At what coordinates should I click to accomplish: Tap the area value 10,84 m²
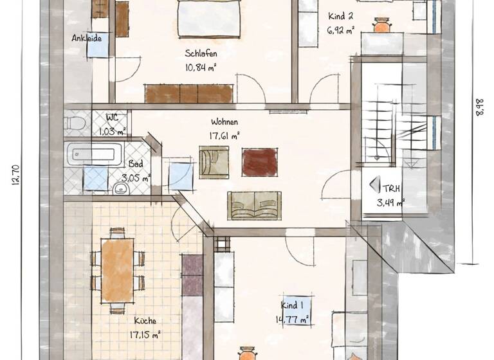click(x=199, y=67)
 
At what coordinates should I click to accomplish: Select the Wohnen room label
click(x=224, y=122)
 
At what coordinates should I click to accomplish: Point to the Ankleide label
click(x=86, y=38)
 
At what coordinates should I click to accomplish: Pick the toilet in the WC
click(x=75, y=122)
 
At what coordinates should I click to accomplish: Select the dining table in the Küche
click(x=118, y=270)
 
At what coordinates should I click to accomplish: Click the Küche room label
click(x=145, y=320)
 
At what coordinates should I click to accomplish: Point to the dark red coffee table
click(x=259, y=162)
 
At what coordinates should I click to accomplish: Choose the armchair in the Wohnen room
click(x=214, y=161)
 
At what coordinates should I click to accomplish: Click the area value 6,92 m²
click(x=342, y=30)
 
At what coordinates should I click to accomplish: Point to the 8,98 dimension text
click(x=479, y=107)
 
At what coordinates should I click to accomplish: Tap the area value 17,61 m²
click(x=224, y=136)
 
